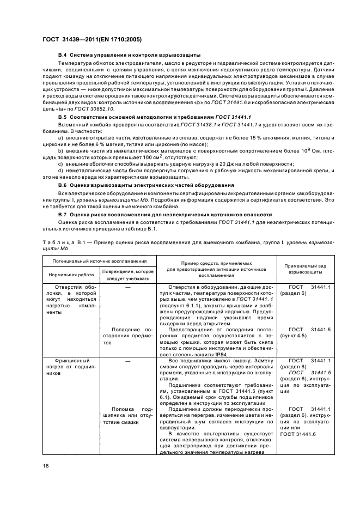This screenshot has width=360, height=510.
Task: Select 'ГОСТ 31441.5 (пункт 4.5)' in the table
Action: [306, 333]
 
